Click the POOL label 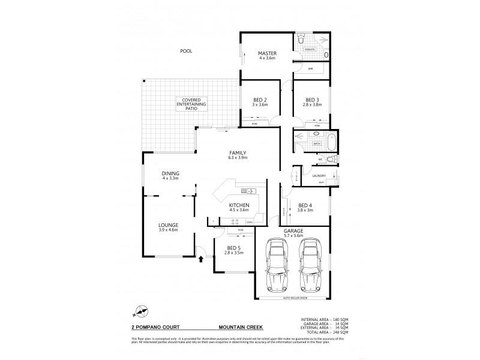(x=187, y=52)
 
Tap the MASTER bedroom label (x=266, y=53)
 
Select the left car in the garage (x=277, y=265)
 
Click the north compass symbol (x=142, y=311)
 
